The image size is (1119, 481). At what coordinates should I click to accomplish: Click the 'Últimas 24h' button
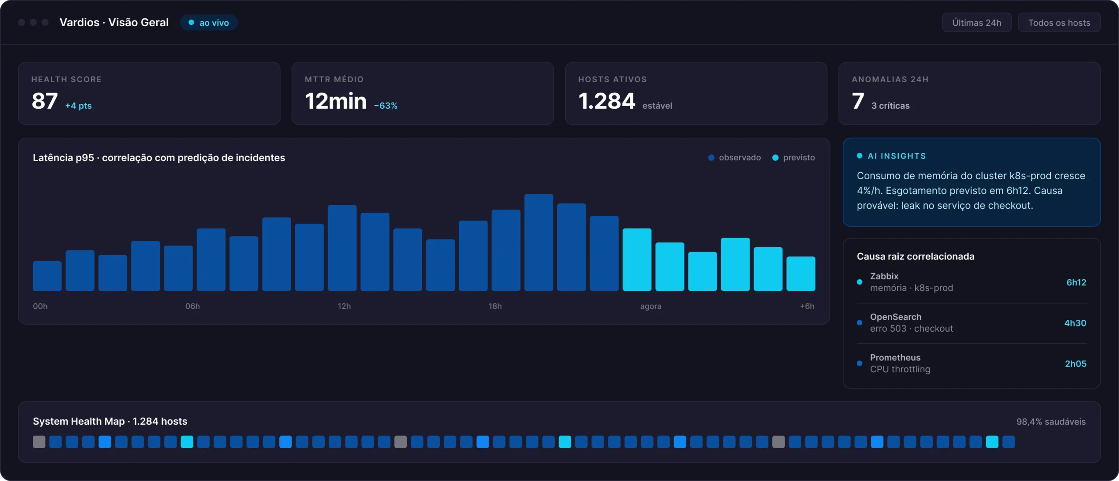[x=977, y=23]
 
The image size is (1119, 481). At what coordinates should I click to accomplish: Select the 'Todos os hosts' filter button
[x=1059, y=23]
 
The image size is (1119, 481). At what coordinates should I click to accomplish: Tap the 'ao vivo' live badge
[x=209, y=23]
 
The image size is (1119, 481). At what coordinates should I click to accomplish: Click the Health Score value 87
[x=45, y=101]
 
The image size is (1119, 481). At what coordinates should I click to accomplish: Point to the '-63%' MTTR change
[x=386, y=106]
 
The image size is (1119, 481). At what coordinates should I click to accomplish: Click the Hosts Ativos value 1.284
[x=607, y=101]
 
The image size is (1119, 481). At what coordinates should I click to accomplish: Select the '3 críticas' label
[x=890, y=106]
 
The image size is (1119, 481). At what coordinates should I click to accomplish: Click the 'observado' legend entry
[x=734, y=158]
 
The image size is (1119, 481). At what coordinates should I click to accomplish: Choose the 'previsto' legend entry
[x=794, y=158]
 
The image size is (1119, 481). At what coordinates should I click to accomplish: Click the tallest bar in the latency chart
[x=539, y=242]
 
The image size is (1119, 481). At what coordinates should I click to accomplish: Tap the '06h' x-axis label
[x=192, y=306]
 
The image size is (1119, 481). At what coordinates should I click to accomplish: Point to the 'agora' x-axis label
[x=651, y=307]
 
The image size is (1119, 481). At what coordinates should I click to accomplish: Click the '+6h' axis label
[x=807, y=306]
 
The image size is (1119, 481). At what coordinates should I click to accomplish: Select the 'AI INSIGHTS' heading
[x=897, y=156]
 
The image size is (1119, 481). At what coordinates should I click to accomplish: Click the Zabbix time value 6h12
[x=1076, y=282]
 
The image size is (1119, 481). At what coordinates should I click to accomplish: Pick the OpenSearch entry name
[x=896, y=317]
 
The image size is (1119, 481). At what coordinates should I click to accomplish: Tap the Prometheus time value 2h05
[x=1076, y=363]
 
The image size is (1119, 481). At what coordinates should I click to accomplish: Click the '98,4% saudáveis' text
[x=1051, y=422]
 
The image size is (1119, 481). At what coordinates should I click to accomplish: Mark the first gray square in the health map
[x=39, y=442]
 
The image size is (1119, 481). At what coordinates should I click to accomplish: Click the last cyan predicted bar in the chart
[x=801, y=273]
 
